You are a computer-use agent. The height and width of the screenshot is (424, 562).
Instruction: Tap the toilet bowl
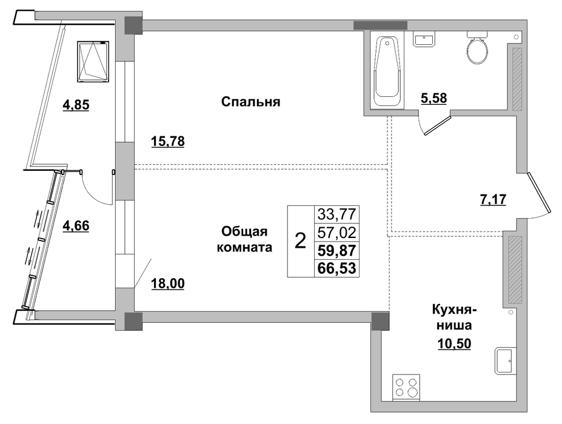(x=477, y=48)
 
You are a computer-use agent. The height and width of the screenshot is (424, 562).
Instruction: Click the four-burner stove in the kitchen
(x=406, y=387)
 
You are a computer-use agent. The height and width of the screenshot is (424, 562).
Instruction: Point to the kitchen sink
(x=506, y=360)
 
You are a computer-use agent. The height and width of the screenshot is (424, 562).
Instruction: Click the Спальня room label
(x=250, y=102)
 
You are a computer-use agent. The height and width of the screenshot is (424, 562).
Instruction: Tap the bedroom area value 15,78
(x=168, y=142)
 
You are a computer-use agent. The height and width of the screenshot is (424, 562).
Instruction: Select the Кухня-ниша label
(x=454, y=317)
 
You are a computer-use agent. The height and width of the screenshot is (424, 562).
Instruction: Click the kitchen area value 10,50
(x=454, y=344)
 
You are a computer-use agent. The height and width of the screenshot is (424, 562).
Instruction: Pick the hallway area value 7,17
(x=493, y=199)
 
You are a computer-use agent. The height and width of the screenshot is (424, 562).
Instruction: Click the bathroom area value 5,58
(x=433, y=98)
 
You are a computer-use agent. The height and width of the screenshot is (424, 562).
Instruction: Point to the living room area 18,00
(x=168, y=284)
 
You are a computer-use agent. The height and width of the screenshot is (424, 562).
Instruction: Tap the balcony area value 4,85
(x=76, y=105)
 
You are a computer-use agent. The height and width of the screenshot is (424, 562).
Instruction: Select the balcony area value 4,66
(x=76, y=227)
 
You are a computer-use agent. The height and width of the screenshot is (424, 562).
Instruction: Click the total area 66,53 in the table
(x=337, y=268)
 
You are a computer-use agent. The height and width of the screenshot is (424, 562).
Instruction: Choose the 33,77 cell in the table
(x=337, y=214)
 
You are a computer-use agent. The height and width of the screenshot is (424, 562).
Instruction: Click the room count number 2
(x=300, y=241)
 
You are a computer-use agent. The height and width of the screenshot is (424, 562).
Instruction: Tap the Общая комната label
(x=244, y=239)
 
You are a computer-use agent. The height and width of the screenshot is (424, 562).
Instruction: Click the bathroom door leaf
(x=437, y=125)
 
